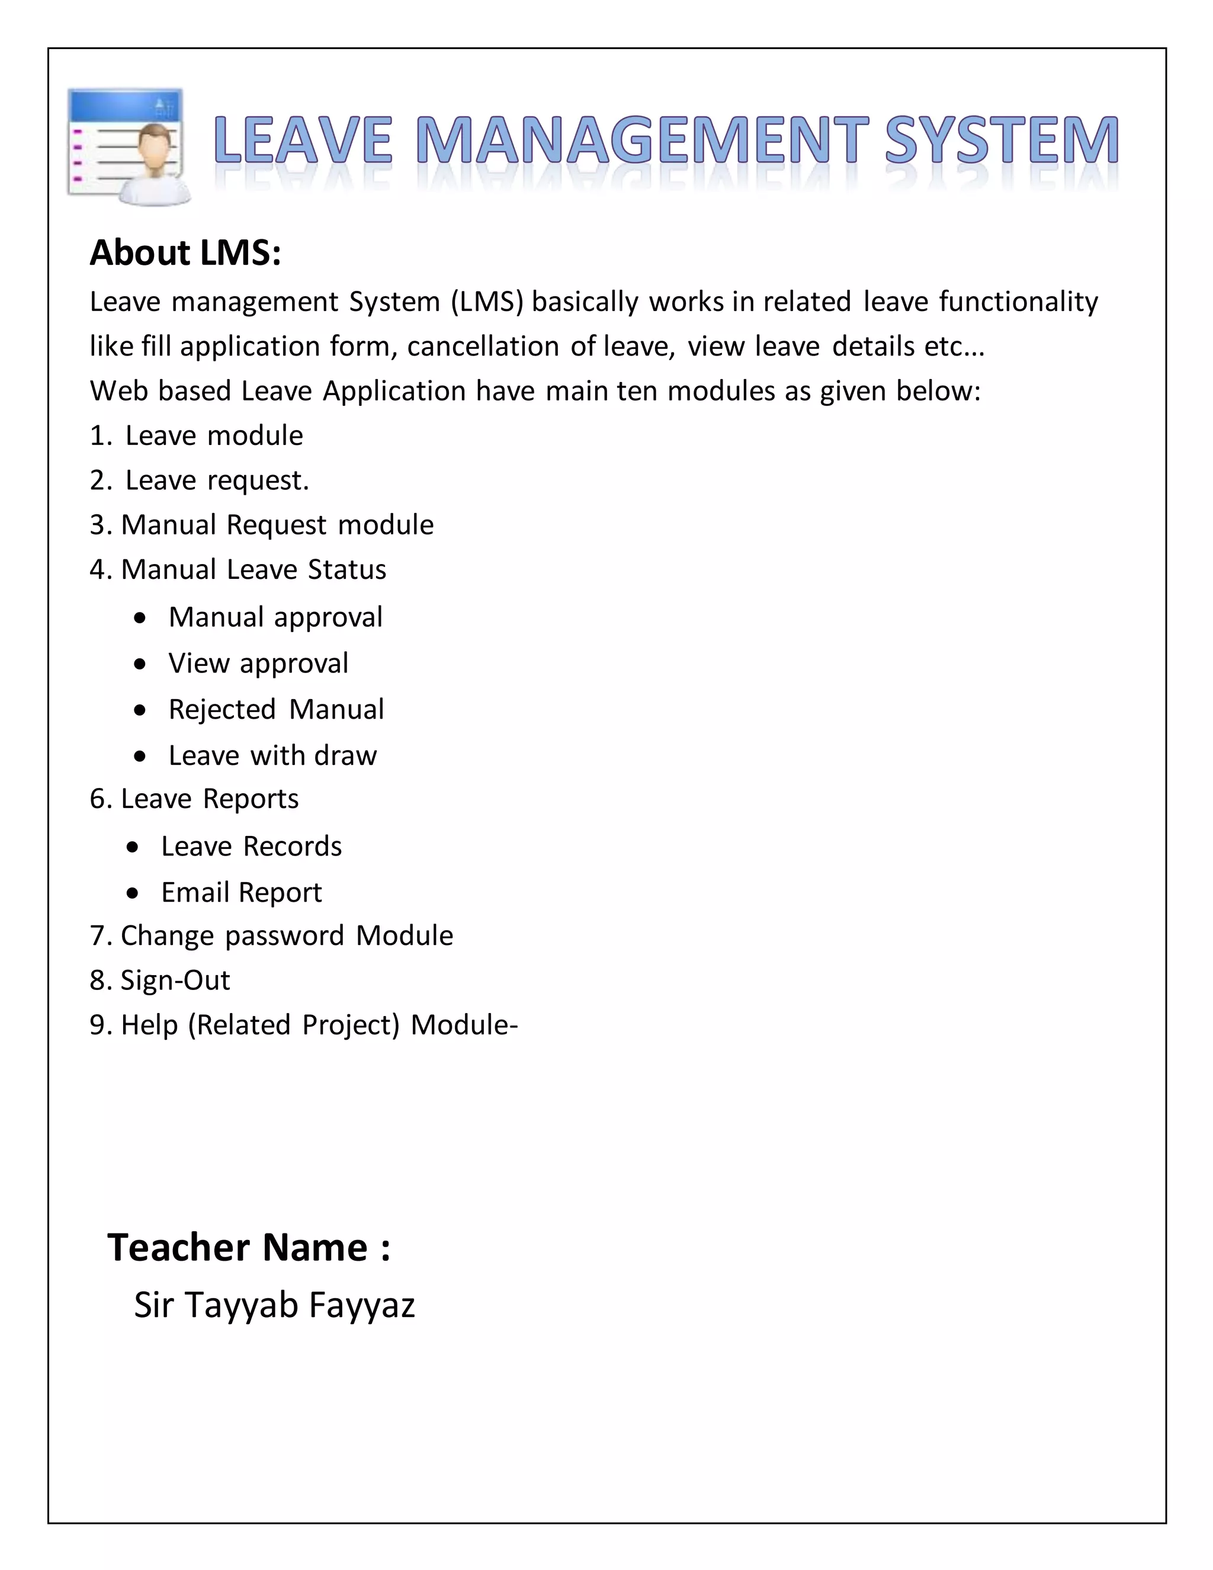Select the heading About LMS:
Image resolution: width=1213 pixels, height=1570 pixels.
click(185, 253)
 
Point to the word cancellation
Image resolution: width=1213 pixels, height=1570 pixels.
click(483, 347)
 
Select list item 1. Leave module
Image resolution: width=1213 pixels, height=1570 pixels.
click(196, 435)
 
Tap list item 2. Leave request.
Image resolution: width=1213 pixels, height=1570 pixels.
click(199, 480)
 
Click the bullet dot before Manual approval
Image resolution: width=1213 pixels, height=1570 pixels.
click(140, 618)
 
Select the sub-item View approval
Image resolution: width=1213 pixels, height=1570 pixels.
click(258, 664)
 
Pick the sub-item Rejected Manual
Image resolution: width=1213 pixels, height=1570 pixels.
click(276, 710)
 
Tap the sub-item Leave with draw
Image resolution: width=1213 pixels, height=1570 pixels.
click(272, 755)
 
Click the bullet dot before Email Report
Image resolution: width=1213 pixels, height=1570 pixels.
click(133, 893)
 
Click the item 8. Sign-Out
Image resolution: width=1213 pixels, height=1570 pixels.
click(159, 981)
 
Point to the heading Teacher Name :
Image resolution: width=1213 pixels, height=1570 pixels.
click(249, 1247)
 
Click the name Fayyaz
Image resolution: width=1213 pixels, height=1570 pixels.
click(361, 1305)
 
